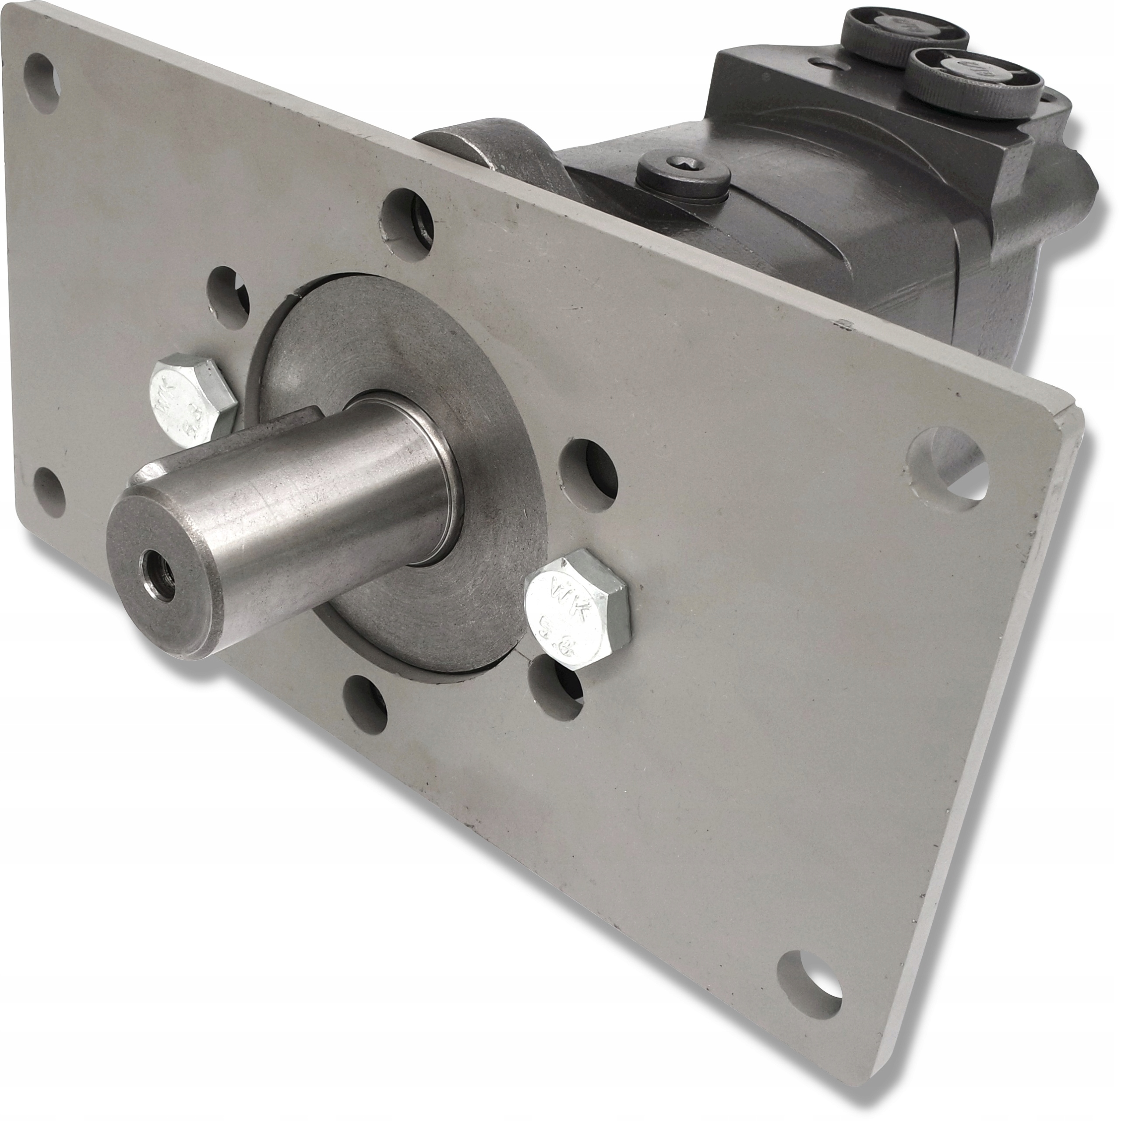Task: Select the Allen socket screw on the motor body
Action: (681, 171)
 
